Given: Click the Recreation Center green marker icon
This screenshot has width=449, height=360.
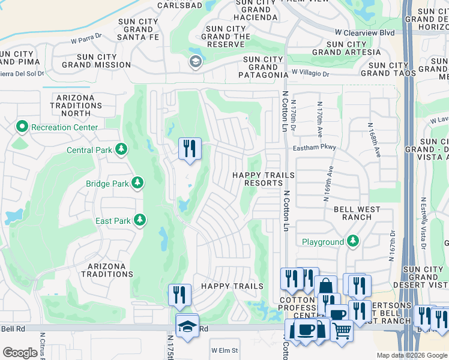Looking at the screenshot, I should tap(23, 127).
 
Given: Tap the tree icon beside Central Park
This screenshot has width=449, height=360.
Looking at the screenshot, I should tap(122, 149).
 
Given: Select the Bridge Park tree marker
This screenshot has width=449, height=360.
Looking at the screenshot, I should tap(137, 182).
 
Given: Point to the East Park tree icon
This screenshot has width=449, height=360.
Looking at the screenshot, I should tap(139, 220).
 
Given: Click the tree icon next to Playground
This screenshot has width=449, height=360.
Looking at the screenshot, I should tap(353, 242).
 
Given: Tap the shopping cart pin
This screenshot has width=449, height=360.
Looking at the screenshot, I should tap(342, 329).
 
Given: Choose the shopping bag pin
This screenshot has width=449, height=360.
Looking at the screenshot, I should tap(325, 287).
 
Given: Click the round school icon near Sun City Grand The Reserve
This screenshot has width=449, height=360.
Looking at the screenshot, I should tap(195, 61).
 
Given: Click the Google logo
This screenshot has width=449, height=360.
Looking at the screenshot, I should tap(20, 353).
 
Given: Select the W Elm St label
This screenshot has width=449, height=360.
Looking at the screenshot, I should tap(224, 350).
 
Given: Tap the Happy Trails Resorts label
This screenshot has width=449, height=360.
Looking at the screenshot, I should tap(264, 179).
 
